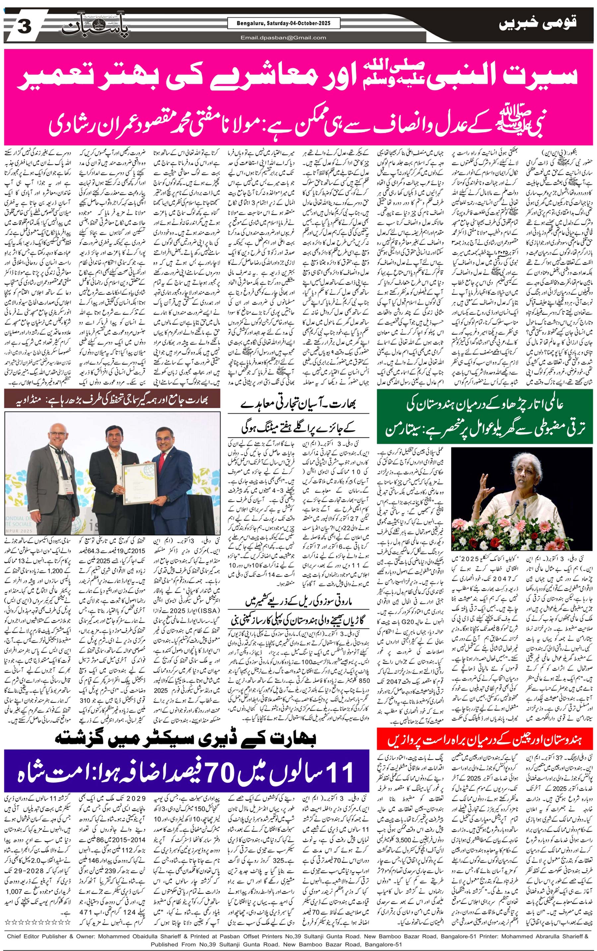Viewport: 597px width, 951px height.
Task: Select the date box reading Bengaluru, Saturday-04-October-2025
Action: pos(284,24)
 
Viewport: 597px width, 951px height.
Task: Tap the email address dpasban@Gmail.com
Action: pos(284,38)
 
